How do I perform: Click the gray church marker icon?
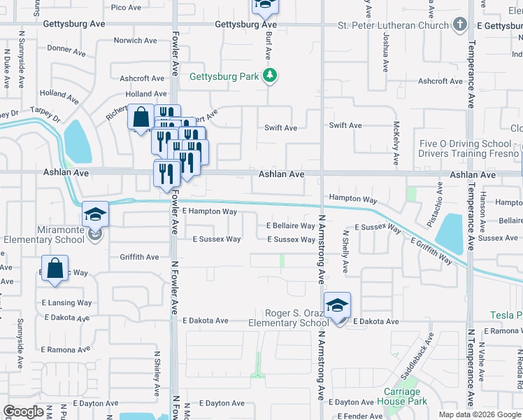click(459, 25)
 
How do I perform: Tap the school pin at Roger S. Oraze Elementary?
click(337, 305)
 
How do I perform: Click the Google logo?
click(23, 412)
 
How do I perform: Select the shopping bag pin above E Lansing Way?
click(55, 269)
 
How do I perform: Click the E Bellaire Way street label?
click(291, 226)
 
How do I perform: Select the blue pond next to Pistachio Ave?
click(452, 232)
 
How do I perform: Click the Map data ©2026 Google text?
click(479, 414)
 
